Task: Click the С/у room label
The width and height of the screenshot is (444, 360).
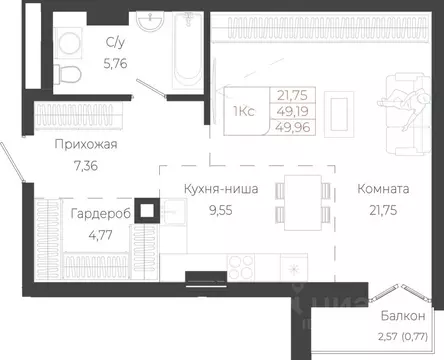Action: click(x=115, y=42)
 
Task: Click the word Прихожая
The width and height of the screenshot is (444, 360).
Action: click(x=86, y=145)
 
